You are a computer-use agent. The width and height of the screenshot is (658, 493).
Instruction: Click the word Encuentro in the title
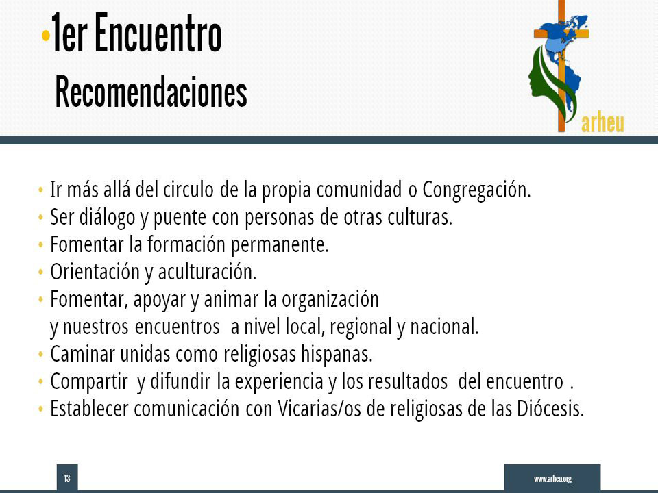pos(158,33)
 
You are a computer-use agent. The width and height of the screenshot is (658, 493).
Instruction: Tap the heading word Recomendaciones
pos(151,91)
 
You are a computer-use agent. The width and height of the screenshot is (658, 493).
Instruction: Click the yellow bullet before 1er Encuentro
pos(46,36)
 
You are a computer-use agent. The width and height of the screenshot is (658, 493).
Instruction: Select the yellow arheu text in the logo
pos(602,123)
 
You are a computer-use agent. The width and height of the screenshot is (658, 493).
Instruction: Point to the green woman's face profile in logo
pos(539,79)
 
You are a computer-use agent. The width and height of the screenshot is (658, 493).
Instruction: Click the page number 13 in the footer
pos(67,478)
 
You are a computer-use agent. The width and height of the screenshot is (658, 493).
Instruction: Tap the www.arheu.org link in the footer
pos(552,479)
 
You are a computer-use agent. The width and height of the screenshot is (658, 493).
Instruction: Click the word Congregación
pos(476,190)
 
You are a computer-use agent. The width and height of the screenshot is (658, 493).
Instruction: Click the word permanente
pos(280,245)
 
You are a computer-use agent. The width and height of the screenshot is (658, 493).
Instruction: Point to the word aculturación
pos(207,272)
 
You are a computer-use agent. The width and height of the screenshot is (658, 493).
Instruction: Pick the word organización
pos(330,300)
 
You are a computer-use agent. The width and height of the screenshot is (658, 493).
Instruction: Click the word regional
pos(361,327)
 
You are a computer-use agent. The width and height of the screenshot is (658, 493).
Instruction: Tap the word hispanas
pos(337,354)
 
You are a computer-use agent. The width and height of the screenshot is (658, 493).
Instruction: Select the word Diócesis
pos(550,409)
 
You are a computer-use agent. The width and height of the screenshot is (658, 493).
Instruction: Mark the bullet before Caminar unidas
pos(40,355)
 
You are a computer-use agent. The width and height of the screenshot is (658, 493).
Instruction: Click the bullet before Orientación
pos(40,273)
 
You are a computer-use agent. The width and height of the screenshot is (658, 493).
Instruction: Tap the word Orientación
pos(95,272)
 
